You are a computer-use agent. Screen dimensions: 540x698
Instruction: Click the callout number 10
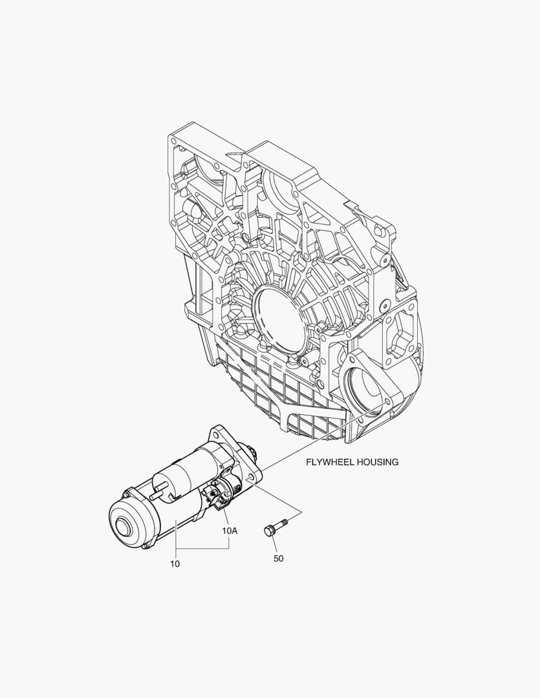[x=175, y=564]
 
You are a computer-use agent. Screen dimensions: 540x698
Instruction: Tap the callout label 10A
[x=230, y=531]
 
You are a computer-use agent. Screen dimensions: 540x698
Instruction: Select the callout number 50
[x=279, y=558]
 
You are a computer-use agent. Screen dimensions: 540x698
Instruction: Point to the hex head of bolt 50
[x=268, y=531]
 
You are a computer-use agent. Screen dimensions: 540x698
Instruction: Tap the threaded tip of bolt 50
[x=286, y=519]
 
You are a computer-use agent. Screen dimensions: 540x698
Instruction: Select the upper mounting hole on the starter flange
[x=218, y=432]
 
